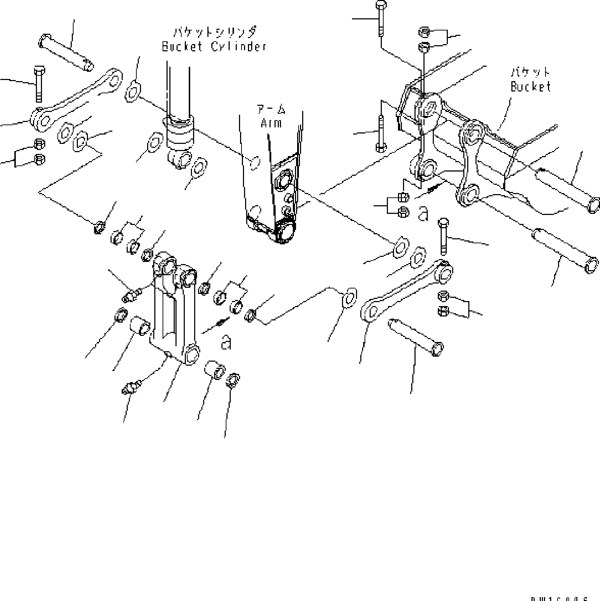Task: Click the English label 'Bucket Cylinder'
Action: (x=214, y=47)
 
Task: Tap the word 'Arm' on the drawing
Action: (x=271, y=123)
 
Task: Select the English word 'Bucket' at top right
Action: (x=531, y=86)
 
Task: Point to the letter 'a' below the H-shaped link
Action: (x=226, y=342)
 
